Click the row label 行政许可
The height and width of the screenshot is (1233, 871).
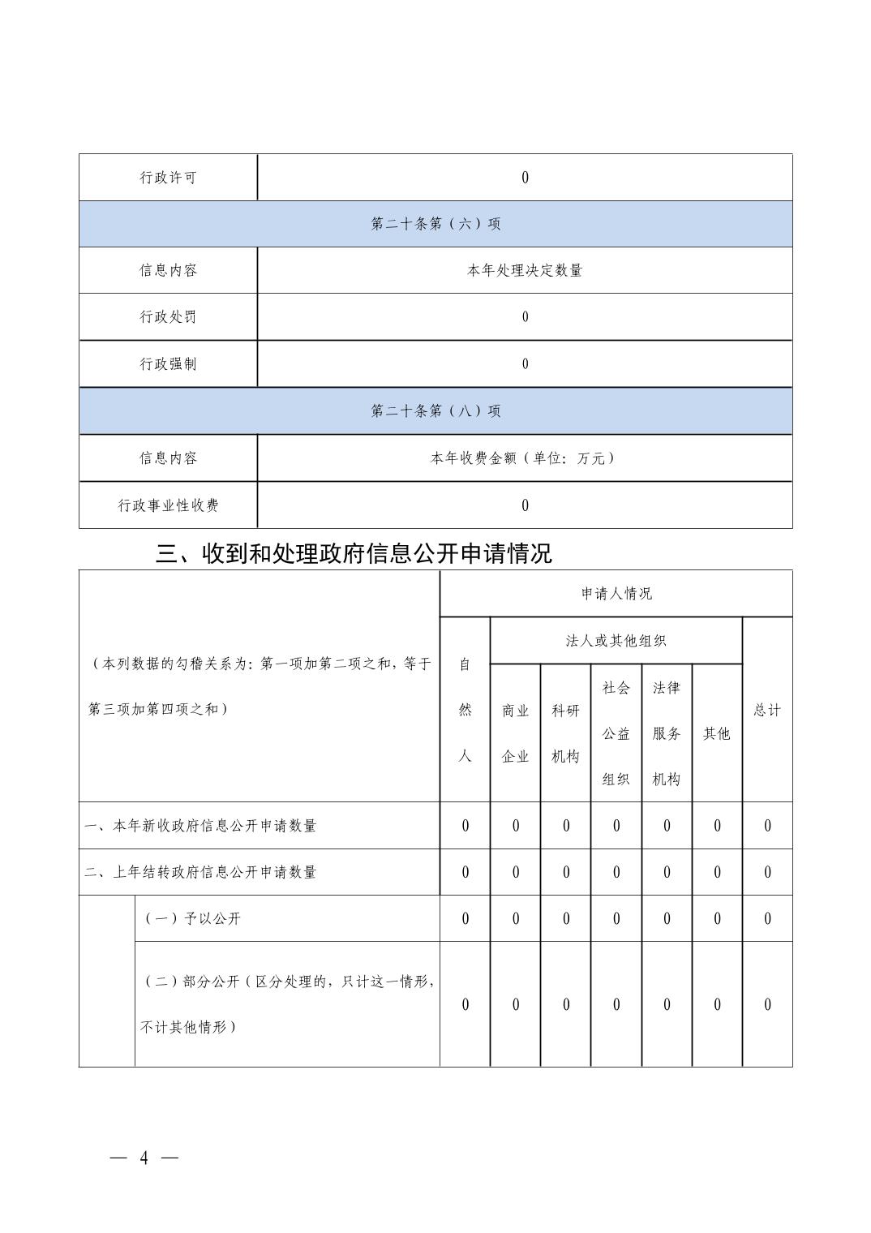tap(168, 178)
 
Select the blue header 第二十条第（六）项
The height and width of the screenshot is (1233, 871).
tap(435, 224)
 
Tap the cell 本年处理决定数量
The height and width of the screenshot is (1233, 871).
tap(525, 270)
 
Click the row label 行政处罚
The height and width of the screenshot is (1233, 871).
tap(168, 316)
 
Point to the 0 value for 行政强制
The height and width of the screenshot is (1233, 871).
tap(525, 364)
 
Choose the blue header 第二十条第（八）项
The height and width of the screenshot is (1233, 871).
tap(435, 411)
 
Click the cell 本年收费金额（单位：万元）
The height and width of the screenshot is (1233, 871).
tap(525, 458)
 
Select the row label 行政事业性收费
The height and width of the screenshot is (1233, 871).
tap(168, 505)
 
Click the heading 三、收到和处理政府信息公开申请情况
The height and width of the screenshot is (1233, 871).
tap(354, 553)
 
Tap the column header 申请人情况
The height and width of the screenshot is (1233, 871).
tap(616, 594)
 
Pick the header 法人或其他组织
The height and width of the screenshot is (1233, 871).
tap(616, 641)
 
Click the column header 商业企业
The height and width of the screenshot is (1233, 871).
tap(515, 733)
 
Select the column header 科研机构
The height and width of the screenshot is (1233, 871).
tap(566, 733)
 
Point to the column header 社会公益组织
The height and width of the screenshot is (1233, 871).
tap(616, 733)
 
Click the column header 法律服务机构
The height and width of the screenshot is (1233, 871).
tap(667, 733)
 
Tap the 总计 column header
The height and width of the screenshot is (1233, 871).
tap(767, 710)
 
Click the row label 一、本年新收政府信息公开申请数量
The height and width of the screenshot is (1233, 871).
tap(200, 826)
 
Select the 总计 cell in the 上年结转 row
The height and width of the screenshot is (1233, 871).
tap(767, 873)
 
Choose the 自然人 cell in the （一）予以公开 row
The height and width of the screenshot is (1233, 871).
tap(465, 919)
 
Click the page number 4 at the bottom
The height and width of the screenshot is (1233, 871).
tap(144, 1158)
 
